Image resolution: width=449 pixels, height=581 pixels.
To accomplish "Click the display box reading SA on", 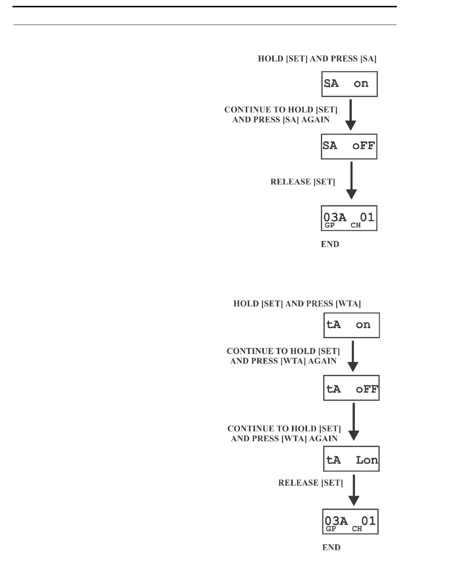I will pos(349,84).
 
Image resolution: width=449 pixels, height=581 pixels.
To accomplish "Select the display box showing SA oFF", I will pos(349,146).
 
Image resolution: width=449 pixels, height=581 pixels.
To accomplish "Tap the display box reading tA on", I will pos(351,325).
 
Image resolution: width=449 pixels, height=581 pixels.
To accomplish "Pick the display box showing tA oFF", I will pos(351,388).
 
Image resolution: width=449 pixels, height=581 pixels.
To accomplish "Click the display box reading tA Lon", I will pos(351,459).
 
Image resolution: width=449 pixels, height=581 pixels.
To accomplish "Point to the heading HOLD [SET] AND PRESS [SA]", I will pos(317,59).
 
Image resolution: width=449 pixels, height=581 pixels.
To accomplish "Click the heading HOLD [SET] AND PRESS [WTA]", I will pos(297,304).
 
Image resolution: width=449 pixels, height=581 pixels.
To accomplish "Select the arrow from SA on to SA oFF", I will pos(351,115).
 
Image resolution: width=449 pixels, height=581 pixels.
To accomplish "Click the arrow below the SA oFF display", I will pos(351,180).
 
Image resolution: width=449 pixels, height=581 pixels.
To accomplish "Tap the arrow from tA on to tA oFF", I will pos(353,356).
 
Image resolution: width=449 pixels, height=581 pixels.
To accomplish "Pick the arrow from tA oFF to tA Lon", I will pos(353,422).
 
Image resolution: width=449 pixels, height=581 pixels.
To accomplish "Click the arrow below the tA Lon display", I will pos(354,490).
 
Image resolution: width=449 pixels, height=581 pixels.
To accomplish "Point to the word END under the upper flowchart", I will pos(330,244).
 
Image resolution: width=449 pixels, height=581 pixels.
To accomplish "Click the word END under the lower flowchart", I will pos(331,548).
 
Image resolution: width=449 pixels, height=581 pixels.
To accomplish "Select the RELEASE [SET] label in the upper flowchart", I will pos(303,182).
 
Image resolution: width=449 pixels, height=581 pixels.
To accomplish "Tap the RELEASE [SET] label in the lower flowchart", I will pos(311,483).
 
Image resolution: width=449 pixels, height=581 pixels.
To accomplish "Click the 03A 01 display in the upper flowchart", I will pos(349,218).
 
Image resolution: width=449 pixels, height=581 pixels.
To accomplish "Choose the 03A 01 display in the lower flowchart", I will pos(350,522).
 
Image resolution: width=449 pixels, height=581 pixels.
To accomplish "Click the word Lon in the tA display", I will pos(366,460).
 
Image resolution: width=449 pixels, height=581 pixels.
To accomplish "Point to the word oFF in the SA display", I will pos(364,146).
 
